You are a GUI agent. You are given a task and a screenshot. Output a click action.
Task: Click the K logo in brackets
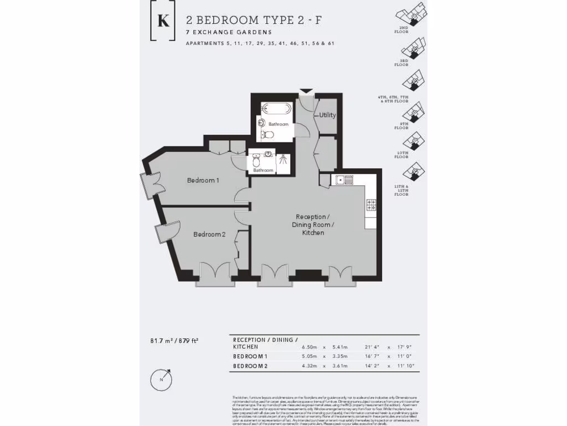[x=163, y=21]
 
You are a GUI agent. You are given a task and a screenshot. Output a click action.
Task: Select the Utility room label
[x=327, y=115]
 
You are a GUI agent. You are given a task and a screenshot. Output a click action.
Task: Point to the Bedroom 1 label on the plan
[x=203, y=180]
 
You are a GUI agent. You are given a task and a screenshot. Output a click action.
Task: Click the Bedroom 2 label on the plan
[x=209, y=234]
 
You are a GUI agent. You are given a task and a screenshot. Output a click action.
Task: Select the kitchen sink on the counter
[x=344, y=180]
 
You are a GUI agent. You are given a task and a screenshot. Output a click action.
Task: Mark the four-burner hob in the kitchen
[x=371, y=205]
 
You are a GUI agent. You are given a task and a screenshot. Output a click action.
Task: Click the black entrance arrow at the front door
[x=306, y=91]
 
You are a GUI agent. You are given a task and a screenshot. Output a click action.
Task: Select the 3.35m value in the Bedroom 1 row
[x=339, y=356]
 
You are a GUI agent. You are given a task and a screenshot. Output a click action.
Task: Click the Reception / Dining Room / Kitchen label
[x=313, y=225]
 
